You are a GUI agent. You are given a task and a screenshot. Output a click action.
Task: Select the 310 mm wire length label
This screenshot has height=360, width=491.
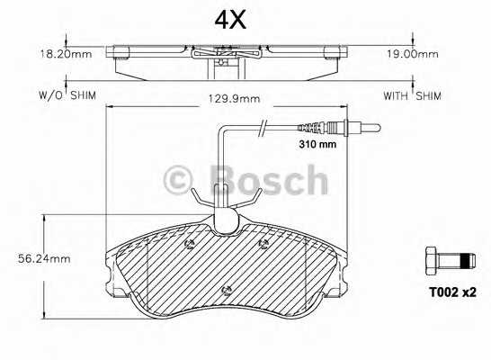coord(317,143)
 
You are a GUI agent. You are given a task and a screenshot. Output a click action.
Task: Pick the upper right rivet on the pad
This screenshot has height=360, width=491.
coord(262,243)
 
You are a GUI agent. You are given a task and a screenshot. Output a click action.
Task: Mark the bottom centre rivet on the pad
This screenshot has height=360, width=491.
coord(226,290)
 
